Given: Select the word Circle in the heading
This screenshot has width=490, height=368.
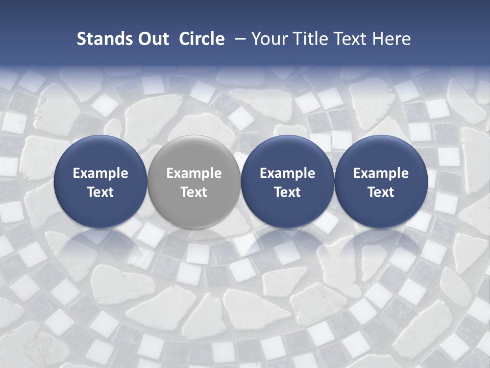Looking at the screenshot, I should pos(202,39).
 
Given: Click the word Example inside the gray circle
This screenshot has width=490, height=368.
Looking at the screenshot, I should pos(194,173).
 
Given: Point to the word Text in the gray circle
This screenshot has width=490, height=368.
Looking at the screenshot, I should pos(194,192).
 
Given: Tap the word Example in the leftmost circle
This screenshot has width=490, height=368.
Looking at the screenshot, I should pos(101,173).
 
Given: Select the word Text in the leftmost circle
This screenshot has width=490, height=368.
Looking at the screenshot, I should pos(101,192).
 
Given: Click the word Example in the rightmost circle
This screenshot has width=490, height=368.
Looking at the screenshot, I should pos(381,173).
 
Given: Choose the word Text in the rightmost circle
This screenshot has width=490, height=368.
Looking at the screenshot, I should pos(381,192).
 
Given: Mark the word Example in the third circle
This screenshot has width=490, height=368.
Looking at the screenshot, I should pos(287,173).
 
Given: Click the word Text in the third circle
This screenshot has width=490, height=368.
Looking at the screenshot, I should pos(287,192).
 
